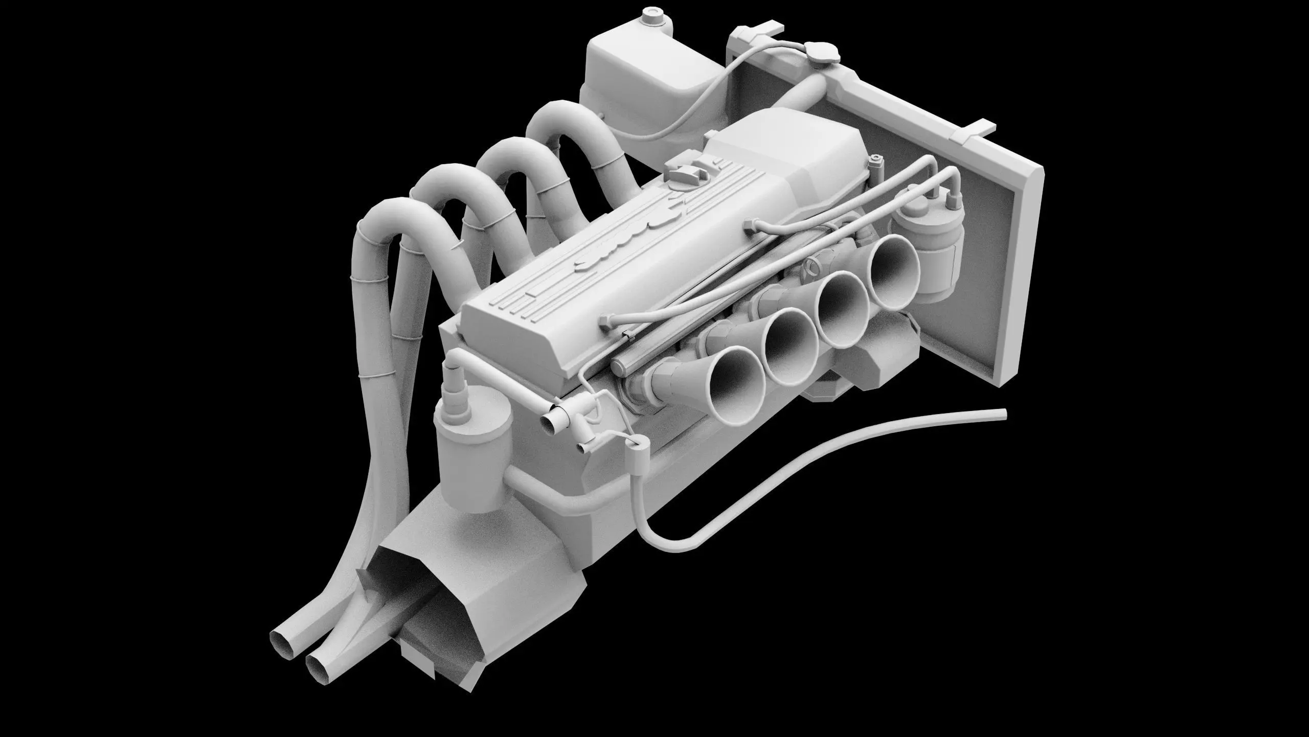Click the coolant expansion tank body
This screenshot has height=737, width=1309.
pos(644,77)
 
